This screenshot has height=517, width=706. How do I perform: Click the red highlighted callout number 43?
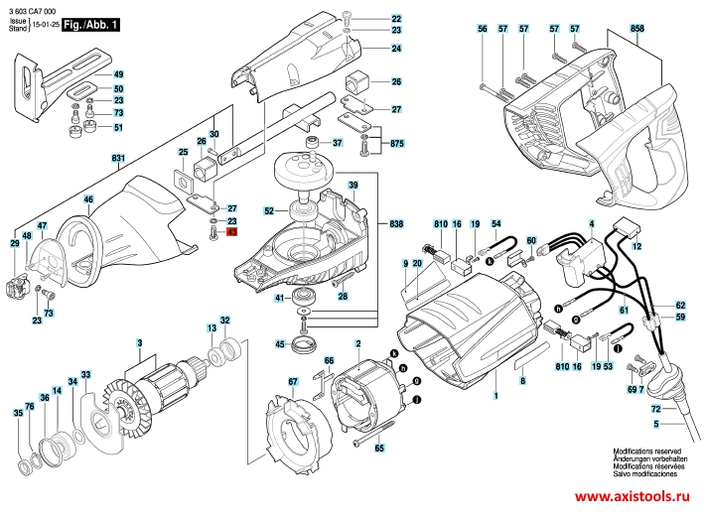point(232,231)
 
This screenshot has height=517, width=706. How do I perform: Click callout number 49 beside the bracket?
point(118,75)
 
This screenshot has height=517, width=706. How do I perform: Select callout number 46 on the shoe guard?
point(88,200)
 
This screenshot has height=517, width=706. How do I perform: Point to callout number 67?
point(293,382)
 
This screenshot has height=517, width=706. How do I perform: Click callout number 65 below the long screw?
point(378,449)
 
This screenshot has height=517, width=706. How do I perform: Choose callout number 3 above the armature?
point(140,343)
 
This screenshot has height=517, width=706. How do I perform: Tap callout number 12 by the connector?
point(636,245)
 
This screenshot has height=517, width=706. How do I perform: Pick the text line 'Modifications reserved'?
point(646,451)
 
